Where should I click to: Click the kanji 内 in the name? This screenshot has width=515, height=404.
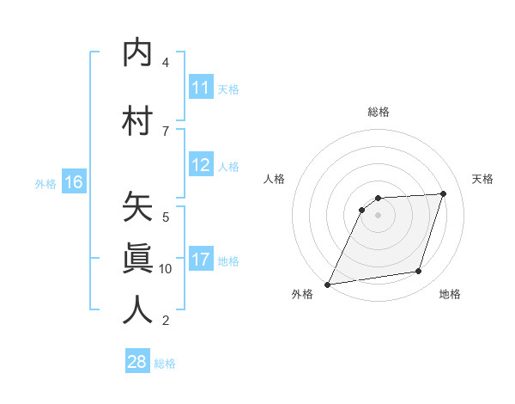[138, 54]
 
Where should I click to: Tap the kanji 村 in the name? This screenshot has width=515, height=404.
[138, 121]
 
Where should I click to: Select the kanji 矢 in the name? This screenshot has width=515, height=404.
[138, 207]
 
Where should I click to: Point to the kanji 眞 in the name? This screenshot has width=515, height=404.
[138, 259]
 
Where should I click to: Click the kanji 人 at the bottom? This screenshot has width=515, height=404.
[138, 309]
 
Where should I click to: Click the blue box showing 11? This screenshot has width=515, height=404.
[200, 88]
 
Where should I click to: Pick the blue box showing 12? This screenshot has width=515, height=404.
[200, 166]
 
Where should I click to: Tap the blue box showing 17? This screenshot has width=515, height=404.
[200, 260]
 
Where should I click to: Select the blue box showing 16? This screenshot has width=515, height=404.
[74, 182]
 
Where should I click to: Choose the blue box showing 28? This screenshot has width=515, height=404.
[137, 362]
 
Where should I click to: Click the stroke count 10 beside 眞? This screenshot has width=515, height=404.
[166, 269]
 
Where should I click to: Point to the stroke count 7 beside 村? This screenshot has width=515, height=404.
[166, 131]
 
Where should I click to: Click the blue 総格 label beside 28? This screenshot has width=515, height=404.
[165, 364]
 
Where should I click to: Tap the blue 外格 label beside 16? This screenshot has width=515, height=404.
[45, 183]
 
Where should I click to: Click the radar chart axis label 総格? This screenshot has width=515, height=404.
[379, 112]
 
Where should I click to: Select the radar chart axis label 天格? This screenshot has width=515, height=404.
[483, 179]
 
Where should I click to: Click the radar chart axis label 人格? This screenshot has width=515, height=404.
[274, 179]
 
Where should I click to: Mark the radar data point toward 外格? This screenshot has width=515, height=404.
[327, 285]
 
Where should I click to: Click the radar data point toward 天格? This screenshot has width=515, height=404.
[444, 194]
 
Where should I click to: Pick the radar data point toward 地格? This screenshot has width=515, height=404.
[419, 272]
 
